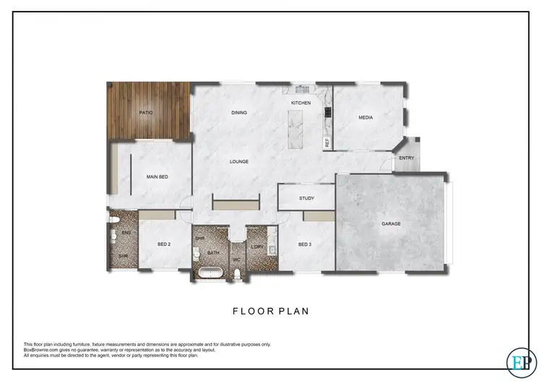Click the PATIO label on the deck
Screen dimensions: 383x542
point(146,113)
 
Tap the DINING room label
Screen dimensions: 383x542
point(239,113)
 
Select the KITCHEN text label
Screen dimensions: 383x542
point(301,103)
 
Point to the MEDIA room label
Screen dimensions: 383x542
point(366,118)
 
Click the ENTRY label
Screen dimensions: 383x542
point(407,158)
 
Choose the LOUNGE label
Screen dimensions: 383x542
point(239,161)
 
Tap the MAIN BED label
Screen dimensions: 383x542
point(158,176)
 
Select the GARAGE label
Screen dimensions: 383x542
point(391,223)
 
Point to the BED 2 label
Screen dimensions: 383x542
point(164,244)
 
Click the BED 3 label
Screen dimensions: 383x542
point(305,244)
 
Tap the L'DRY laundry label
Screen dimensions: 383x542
point(256,247)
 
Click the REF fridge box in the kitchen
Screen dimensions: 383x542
point(327,143)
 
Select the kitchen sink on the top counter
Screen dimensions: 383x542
point(301,90)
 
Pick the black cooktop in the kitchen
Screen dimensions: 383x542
point(329,113)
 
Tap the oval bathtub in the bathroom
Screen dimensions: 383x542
point(210,273)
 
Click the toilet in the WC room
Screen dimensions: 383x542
point(238,272)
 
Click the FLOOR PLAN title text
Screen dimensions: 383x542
point(270,311)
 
